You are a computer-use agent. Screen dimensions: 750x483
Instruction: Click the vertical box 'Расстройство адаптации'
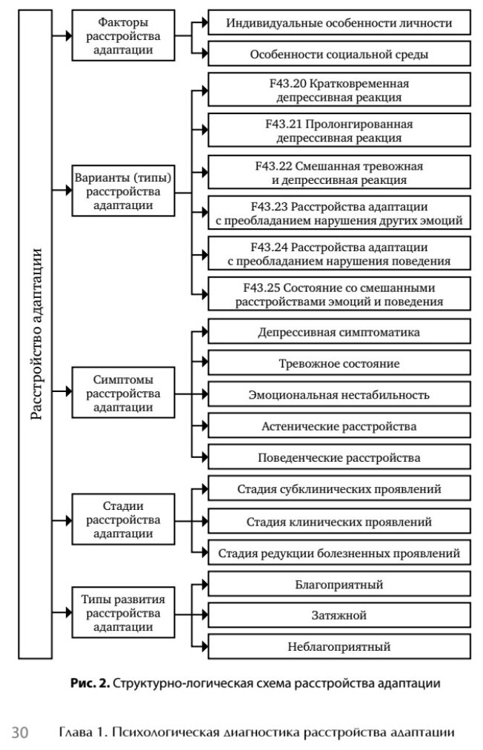pos(35,333)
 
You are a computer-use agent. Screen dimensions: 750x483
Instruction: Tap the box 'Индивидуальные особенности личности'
pos(339,24)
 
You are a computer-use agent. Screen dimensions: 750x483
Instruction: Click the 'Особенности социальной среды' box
pos(339,54)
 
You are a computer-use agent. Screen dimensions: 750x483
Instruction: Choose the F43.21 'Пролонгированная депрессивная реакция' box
pos(339,130)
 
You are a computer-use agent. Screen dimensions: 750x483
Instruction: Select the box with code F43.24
pos(339,253)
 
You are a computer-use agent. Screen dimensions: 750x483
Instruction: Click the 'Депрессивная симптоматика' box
pos(339,331)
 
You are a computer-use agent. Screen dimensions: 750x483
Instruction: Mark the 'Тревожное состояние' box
pos(339,363)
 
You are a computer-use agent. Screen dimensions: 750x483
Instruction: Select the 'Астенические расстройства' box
pos(339,426)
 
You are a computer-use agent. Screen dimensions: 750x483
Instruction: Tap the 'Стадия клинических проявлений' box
pos(339,521)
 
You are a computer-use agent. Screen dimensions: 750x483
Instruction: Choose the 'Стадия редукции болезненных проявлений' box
pos(339,553)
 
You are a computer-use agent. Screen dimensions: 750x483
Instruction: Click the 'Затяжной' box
pos(339,615)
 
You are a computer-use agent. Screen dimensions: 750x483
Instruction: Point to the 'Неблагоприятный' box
pos(339,646)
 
